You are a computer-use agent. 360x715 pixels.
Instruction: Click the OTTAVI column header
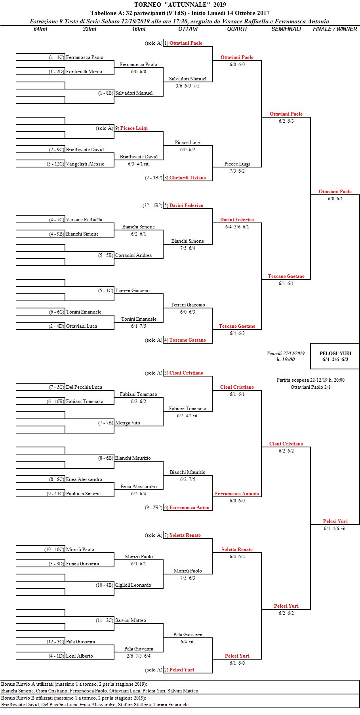pos(188,29)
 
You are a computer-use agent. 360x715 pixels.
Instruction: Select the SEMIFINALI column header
pos(286,29)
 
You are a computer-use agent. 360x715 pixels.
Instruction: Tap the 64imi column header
pos(40,29)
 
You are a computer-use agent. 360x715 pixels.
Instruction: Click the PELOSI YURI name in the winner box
pos(335,353)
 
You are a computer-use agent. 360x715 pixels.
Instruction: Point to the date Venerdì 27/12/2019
pos(286,353)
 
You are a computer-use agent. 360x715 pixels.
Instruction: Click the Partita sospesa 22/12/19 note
pos(310,380)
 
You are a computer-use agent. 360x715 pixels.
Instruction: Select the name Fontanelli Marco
pos(84,72)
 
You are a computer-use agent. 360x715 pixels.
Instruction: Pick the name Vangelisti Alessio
pos(85,164)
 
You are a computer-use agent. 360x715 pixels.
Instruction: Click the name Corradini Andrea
pos(133,255)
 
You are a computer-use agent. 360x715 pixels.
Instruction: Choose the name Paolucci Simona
pos(83,494)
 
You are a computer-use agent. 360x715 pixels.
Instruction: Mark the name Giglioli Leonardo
pos(133,585)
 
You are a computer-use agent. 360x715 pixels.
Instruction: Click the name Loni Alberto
pos(79,656)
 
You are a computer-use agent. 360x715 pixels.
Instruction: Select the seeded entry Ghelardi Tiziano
pos(187,178)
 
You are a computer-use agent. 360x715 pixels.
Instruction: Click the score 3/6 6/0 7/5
pos(187,86)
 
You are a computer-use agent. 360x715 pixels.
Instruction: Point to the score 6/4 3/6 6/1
pos(237,227)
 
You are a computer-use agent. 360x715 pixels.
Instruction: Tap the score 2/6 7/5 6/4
pos(138,656)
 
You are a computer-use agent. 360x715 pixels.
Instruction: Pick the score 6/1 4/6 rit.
pos(335,529)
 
